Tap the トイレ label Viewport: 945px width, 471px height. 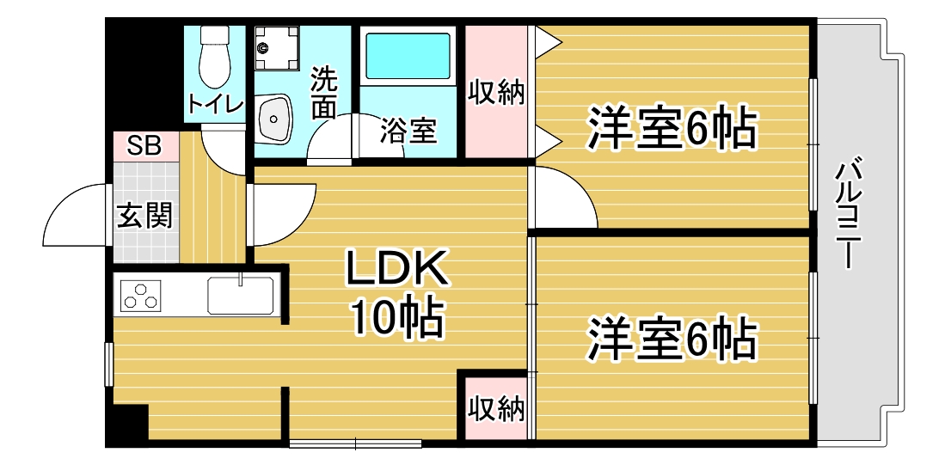(x=215, y=104)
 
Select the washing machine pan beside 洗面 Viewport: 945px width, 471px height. (x=277, y=48)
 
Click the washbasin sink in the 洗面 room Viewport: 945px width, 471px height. (x=275, y=119)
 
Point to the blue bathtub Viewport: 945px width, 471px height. (x=408, y=55)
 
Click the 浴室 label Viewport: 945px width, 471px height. (x=408, y=131)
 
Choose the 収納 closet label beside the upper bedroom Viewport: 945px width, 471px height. (x=497, y=93)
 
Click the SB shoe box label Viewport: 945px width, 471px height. (x=144, y=147)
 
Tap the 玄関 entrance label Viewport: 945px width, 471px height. (x=144, y=214)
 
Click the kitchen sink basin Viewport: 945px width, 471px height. (x=241, y=295)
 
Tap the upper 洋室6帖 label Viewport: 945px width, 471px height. (x=672, y=128)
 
